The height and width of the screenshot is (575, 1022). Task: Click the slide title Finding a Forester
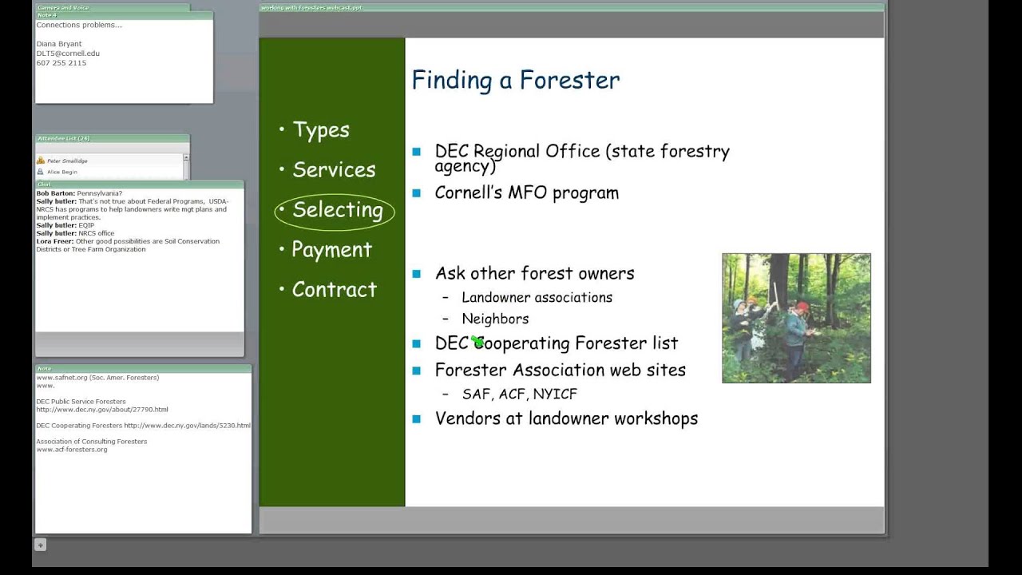(515, 81)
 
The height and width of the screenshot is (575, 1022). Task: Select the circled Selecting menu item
(337, 210)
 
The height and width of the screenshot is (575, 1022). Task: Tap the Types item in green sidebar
(320, 130)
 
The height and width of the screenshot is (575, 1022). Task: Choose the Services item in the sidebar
(333, 170)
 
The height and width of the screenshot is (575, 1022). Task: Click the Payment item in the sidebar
(331, 250)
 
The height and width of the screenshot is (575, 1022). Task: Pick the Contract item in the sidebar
(334, 290)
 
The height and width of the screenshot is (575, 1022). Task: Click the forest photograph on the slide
(795, 318)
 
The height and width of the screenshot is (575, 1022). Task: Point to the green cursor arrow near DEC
(477, 342)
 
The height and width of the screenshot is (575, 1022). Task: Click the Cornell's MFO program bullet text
(526, 192)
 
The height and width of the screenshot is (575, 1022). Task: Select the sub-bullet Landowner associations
(537, 297)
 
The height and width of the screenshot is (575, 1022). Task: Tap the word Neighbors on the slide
(495, 319)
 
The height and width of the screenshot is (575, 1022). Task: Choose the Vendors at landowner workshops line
(566, 418)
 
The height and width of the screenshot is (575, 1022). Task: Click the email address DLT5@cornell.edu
(68, 54)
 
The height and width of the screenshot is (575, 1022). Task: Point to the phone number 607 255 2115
(61, 63)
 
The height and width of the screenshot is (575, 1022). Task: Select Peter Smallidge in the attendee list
(67, 161)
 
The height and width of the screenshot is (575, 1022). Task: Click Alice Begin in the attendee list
(62, 172)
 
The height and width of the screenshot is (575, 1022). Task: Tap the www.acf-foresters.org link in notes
(72, 450)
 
